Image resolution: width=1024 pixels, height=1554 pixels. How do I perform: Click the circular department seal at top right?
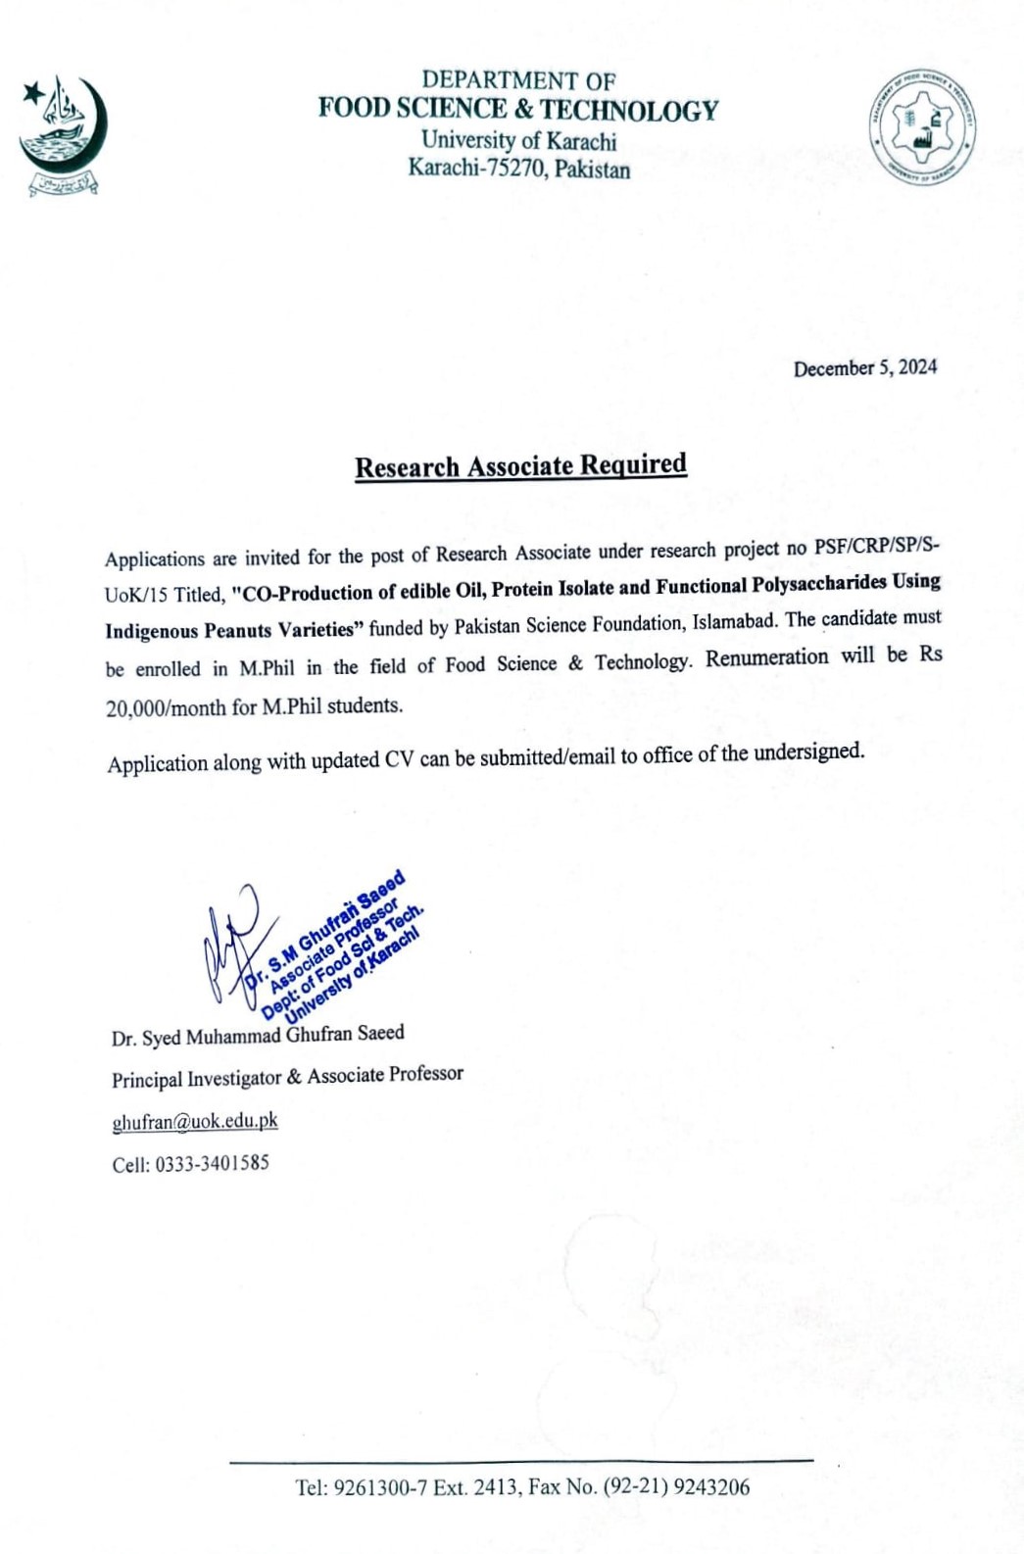(921, 127)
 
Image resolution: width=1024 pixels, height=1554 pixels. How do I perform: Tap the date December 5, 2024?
(864, 368)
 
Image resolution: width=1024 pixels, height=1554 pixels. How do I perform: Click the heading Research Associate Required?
(520, 465)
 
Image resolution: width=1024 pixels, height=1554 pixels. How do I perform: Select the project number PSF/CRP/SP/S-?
(875, 545)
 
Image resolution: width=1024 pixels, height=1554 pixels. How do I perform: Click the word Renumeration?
(766, 657)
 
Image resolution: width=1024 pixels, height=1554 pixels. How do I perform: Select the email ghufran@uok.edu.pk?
(195, 1122)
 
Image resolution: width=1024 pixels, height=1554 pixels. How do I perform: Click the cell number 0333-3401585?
(212, 1164)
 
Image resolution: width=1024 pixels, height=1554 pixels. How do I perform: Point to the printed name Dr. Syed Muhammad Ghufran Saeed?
(258, 1036)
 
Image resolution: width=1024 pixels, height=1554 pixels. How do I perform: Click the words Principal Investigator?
(196, 1079)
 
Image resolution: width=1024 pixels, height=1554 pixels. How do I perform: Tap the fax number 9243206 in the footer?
(713, 1487)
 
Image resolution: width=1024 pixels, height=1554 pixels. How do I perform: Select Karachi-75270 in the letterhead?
(476, 169)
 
